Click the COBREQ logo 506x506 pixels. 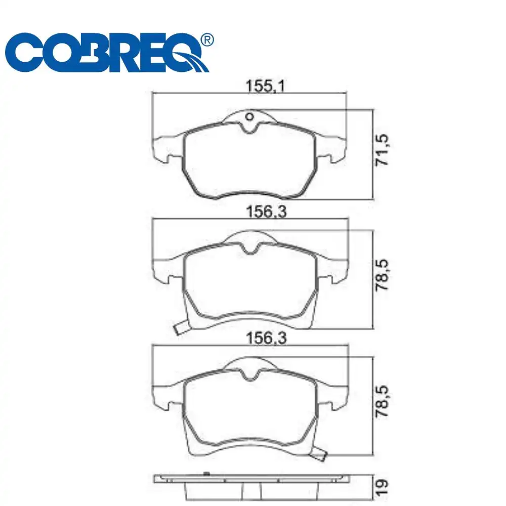tap(109, 52)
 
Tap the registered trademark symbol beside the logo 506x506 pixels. tap(207, 40)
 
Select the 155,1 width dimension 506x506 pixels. tap(265, 86)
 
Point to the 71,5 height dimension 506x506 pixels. tap(382, 150)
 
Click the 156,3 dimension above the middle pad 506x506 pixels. tap(266, 212)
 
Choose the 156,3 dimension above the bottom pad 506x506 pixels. tap(266, 338)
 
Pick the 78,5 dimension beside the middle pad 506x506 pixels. tap(382, 275)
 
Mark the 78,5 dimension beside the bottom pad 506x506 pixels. tap(382, 401)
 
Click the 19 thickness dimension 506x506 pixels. tap(382, 488)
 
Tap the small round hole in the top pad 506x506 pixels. tap(249, 116)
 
